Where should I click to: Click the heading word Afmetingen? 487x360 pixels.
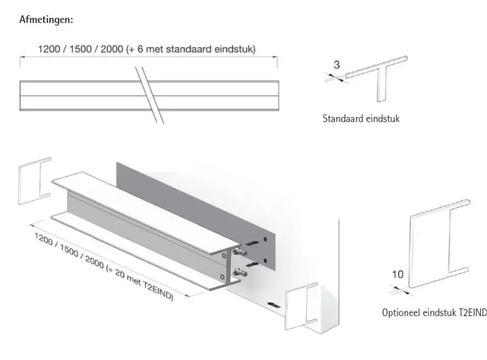click(46, 19)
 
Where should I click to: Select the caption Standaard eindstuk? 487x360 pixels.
click(360, 119)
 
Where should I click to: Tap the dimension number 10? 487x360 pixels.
click(397, 274)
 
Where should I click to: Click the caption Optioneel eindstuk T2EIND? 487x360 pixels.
click(434, 313)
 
